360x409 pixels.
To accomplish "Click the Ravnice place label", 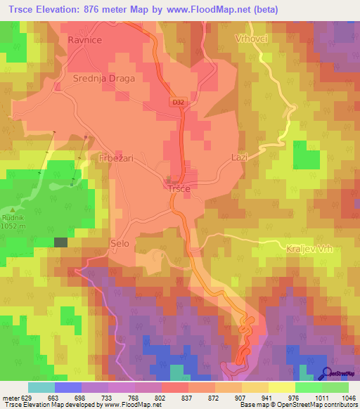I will pyautogui.click(x=85, y=40).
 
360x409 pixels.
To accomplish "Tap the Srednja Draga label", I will pyautogui.click(x=103, y=79).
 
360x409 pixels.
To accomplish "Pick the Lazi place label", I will pyautogui.click(x=240, y=157).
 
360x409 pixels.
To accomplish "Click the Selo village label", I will pyautogui.click(x=120, y=244).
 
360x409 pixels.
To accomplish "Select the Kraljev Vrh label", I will pyautogui.click(x=308, y=249).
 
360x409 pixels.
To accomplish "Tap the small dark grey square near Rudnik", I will pyautogui.click(x=61, y=242).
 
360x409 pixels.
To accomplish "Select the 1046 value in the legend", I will pyautogui.click(x=347, y=397).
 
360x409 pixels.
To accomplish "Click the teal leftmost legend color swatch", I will pyautogui.click(x=41, y=387).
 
